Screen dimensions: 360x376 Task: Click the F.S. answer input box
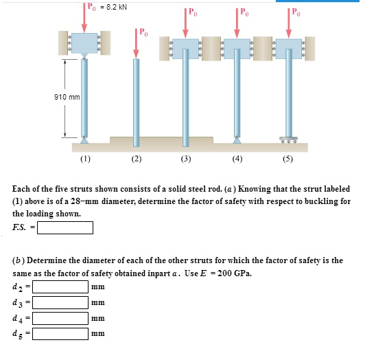(65, 227)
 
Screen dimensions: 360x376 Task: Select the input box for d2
(60, 286)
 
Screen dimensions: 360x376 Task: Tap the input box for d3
(60, 302)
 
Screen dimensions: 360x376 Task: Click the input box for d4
(60, 319)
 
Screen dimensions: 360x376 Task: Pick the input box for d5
(60, 335)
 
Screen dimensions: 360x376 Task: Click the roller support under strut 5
(288, 139)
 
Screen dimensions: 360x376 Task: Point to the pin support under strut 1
(84, 139)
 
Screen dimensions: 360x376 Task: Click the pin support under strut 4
(237, 139)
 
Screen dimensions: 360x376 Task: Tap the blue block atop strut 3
(185, 48)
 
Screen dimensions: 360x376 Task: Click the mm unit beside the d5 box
(97, 335)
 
